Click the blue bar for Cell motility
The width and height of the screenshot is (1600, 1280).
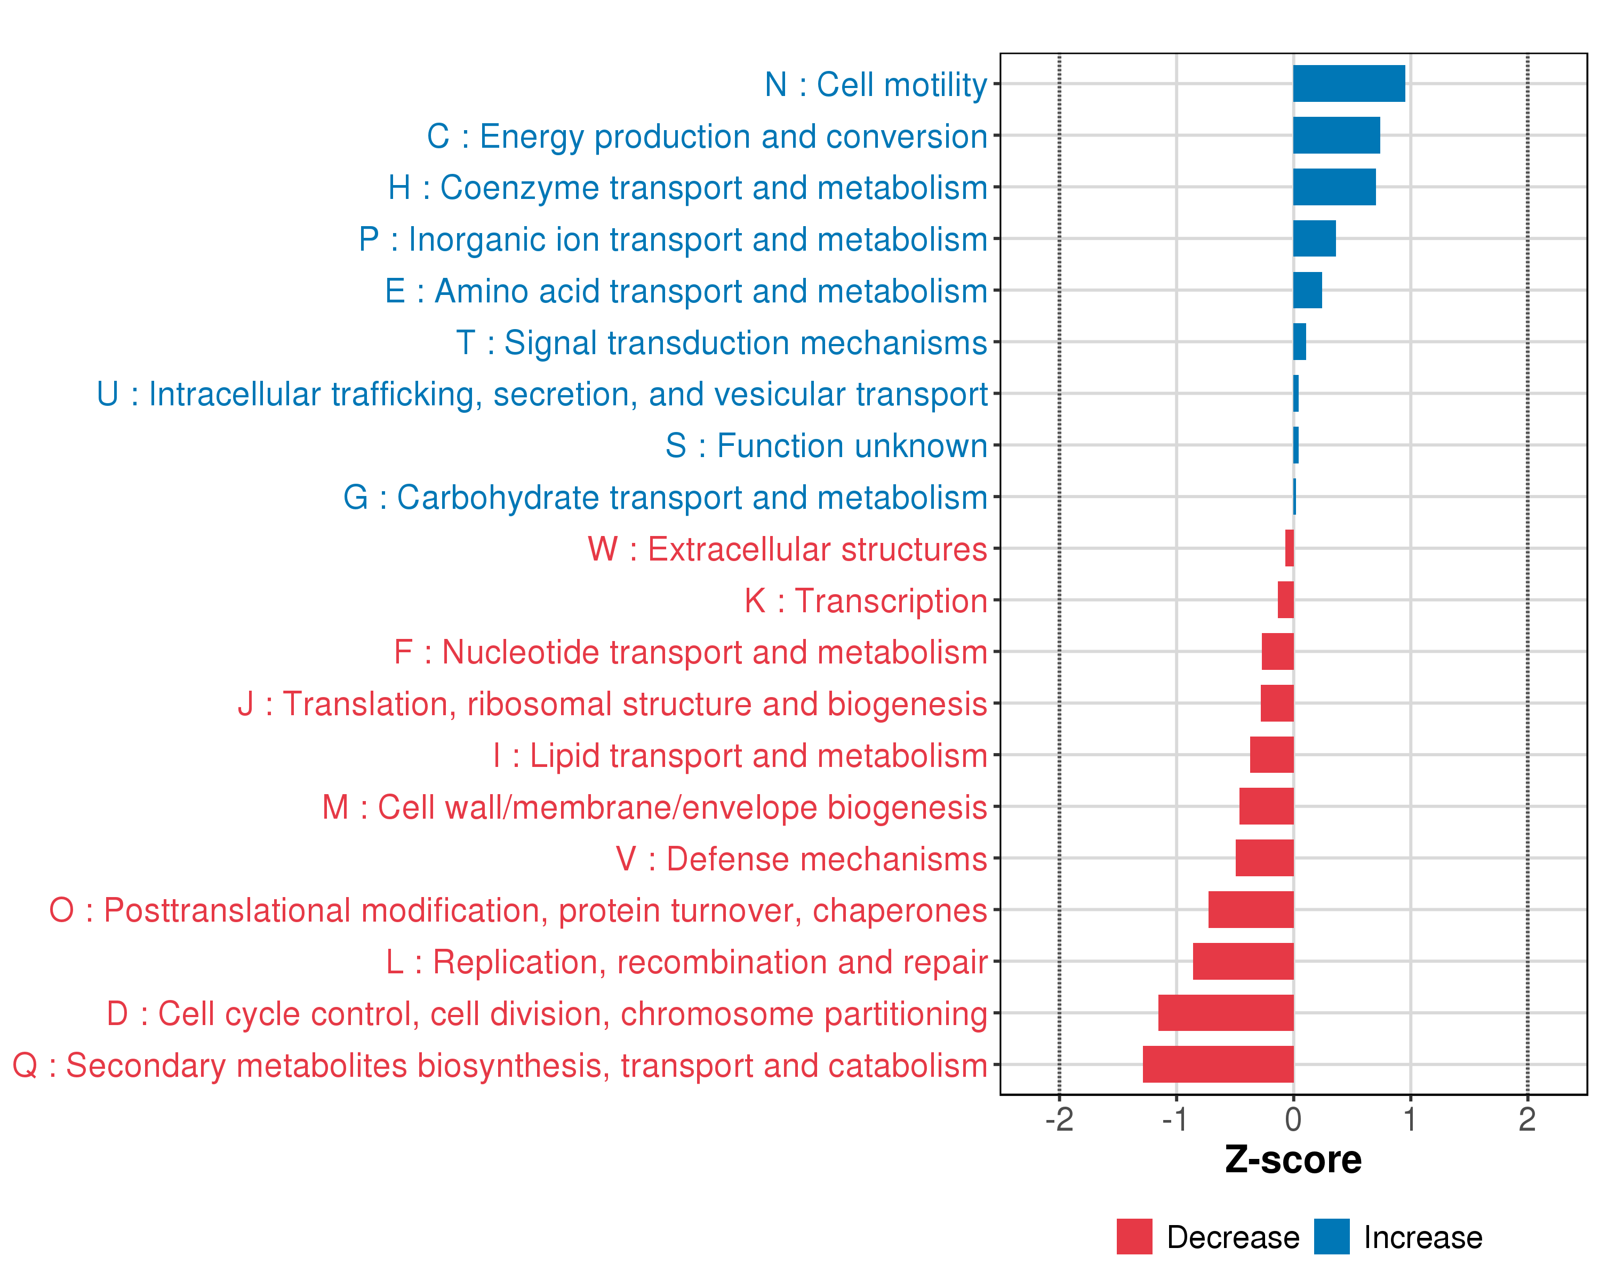(1348, 84)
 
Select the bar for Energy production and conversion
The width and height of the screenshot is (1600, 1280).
(1336, 135)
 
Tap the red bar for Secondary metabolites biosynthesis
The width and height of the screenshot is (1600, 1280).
(1218, 1064)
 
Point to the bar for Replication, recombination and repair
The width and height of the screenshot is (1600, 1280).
(1243, 961)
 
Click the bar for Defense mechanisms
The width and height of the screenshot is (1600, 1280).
(1265, 858)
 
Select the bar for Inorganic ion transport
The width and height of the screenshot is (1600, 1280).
(1314, 238)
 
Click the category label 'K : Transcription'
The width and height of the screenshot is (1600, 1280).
(865, 601)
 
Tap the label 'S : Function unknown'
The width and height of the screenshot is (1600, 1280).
(826, 446)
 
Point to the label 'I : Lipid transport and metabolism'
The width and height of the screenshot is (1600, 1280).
(740, 755)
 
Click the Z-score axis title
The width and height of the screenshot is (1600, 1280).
(1293, 1160)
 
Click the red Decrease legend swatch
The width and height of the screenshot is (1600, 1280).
(1134, 1237)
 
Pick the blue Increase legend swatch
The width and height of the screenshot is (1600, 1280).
(1331, 1237)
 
